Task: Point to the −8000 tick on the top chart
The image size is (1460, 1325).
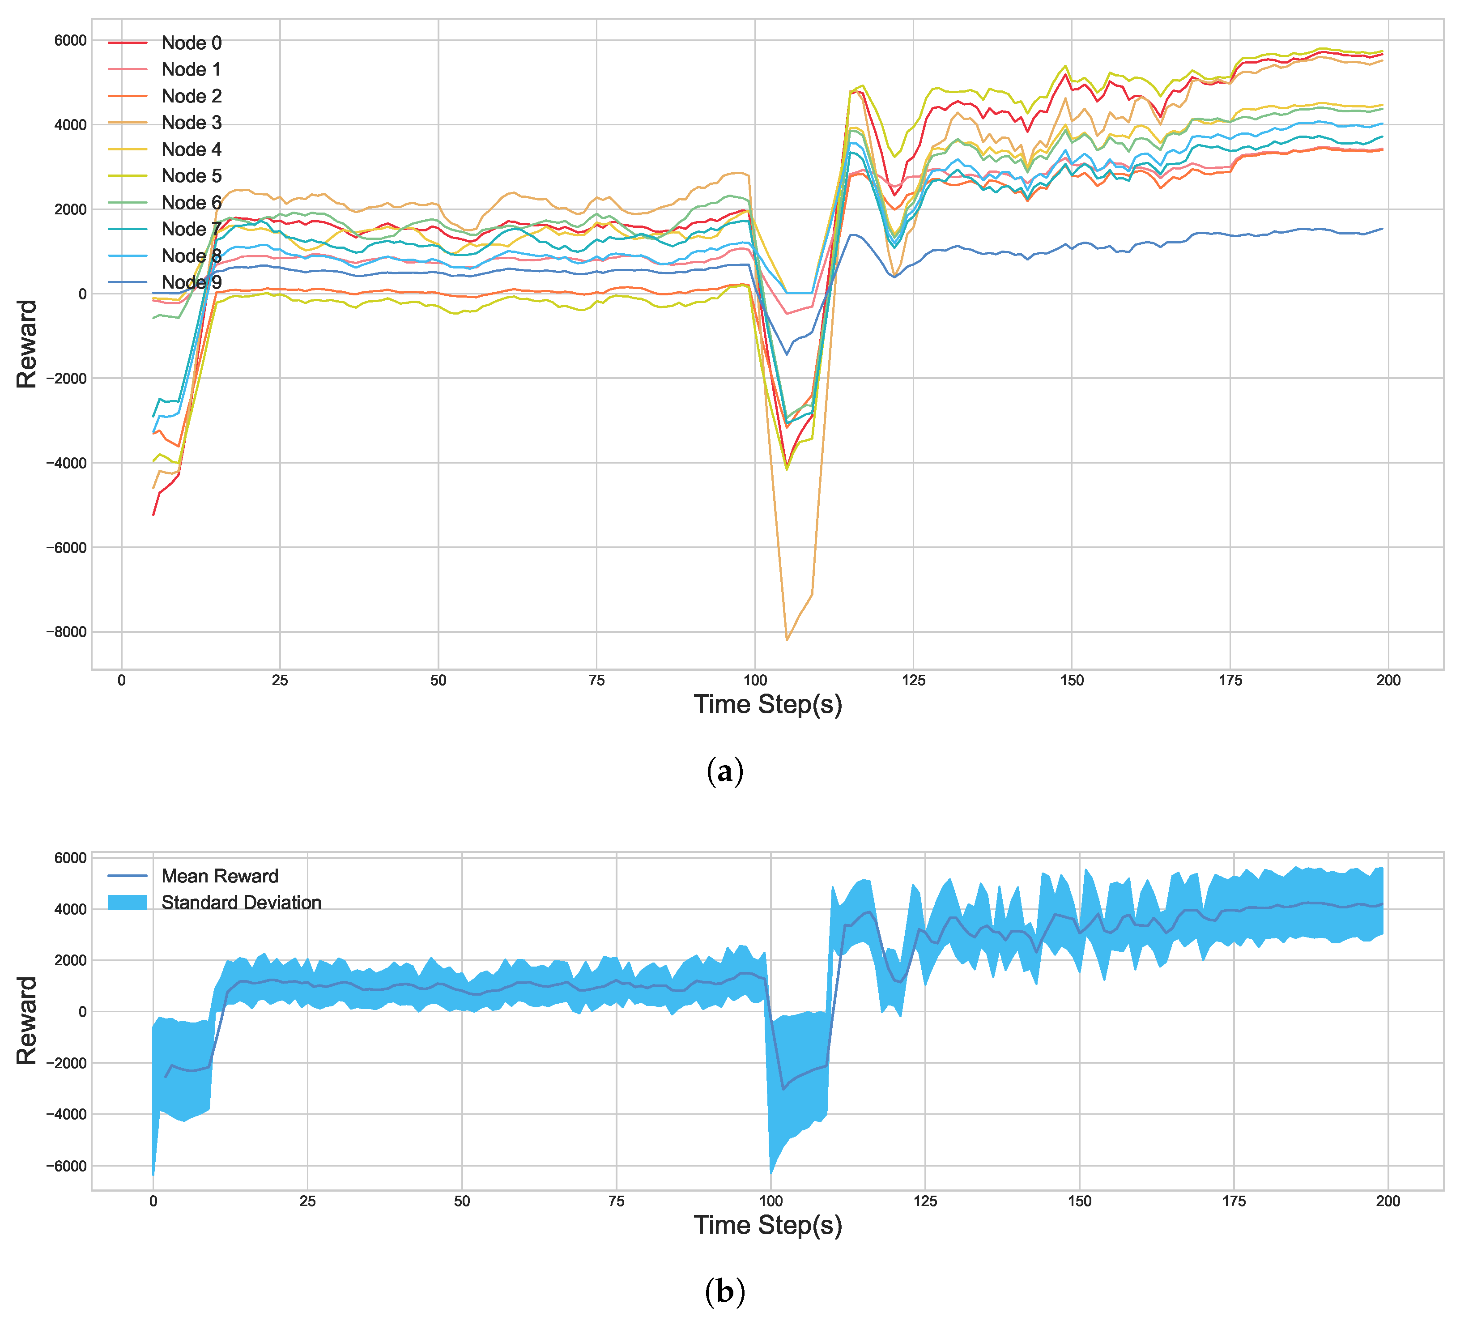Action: coord(66,632)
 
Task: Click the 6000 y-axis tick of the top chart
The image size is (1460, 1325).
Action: coord(70,41)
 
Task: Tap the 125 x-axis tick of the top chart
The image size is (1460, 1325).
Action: coord(913,680)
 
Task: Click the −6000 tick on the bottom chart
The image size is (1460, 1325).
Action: coord(66,1166)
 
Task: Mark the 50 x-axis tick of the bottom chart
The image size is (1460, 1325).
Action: coord(462,1201)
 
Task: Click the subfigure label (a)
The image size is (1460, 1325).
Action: coord(724,771)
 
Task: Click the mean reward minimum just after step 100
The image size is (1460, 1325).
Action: coord(783,1089)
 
